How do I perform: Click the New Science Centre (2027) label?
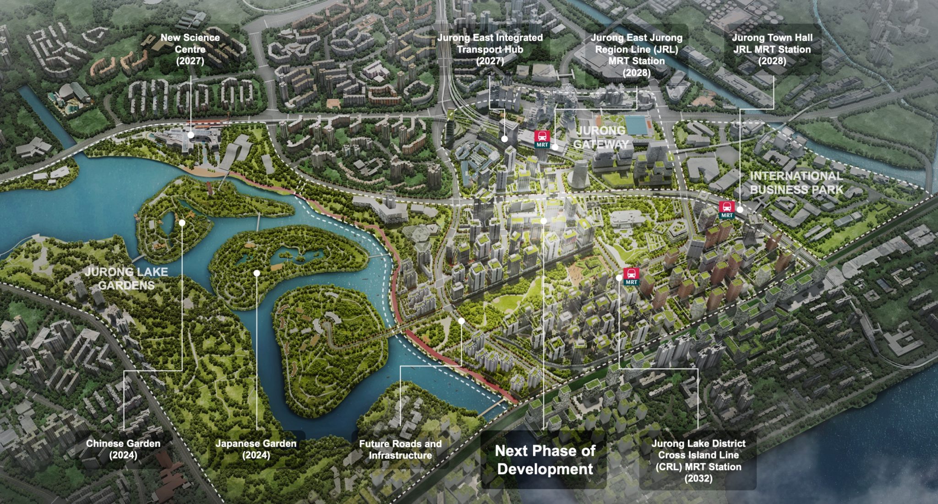click(x=190, y=49)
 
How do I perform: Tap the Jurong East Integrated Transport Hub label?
click(x=490, y=49)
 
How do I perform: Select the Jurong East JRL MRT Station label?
click(x=636, y=55)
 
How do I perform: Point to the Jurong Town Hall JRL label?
click(x=772, y=49)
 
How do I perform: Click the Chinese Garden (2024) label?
click(x=123, y=449)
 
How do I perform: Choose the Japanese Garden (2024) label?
click(x=256, y=449)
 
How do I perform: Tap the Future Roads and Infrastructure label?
click(x=400, y=449)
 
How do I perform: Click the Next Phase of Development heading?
click(x=545, y=460)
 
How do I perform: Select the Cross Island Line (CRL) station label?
click(x=698, y=461)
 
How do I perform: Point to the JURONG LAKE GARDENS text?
click(x=126, y=278)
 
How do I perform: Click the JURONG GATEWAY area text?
click(x=600, y=137)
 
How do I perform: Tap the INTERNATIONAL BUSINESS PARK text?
click(x=796, y=183)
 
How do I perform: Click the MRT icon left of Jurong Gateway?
click(x=542, y=139)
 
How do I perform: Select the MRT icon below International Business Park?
click(x=727, y=209)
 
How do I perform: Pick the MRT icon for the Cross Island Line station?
click(x=631, y=276)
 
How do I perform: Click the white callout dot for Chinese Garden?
click(x=182, y=223)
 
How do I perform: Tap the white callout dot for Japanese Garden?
click(x=257, y=273)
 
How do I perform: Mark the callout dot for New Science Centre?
click(x=191, y=135)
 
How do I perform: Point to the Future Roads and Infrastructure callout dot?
click(x=461, y=321)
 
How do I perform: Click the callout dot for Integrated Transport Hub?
click(x=504, y=139)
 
